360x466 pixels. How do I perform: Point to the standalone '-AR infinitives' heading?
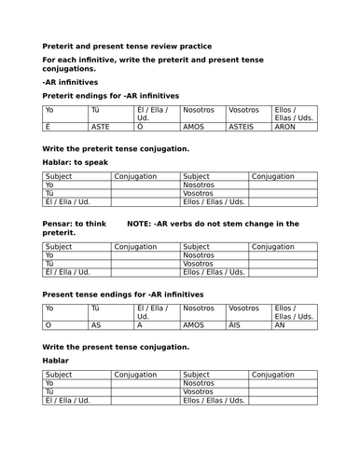[70, 82]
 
